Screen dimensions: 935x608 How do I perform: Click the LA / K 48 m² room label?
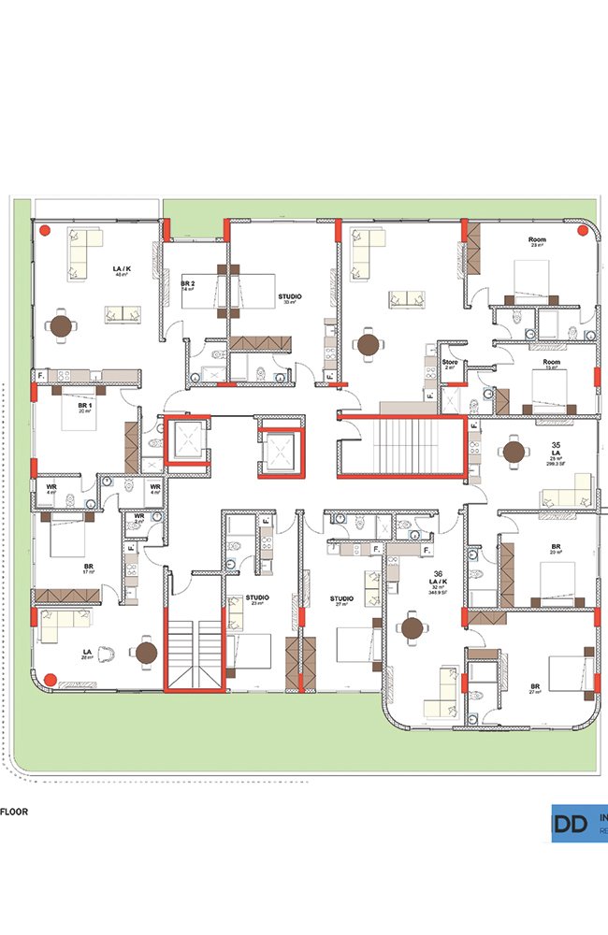[122, 271]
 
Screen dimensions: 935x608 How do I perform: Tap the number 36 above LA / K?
[436, 575]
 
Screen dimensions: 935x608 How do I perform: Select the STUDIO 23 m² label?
[257, 599]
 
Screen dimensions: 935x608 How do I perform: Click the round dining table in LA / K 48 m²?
[63, 326]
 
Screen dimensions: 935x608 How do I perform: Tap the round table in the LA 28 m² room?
[146, 653]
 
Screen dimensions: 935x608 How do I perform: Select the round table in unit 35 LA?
[513, 453]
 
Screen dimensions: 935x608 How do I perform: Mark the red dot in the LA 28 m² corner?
[51, 679]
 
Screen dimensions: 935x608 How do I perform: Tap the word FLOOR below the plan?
[14, 812]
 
